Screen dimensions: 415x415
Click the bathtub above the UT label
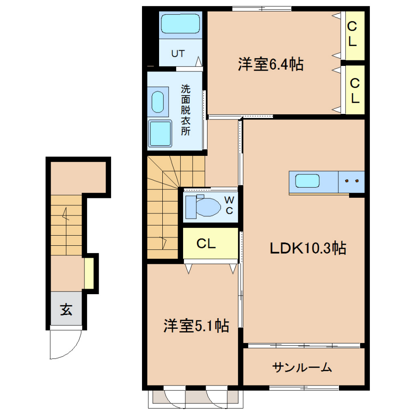[x=180, y=24]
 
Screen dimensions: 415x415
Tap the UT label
[x=178, y=54]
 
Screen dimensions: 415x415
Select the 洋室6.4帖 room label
[x=271, y=64]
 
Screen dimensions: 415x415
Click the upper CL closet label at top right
[x=352, y=34]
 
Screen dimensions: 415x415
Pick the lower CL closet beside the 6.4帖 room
[x=355, y=90]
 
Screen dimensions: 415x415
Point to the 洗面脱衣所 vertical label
[x=185, y=110]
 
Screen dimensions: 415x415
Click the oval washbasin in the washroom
[x=158, y=102]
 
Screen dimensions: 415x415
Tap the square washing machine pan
[x=160, y=133]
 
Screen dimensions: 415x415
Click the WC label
[x=229, y=205]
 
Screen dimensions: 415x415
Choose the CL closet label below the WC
[x=206, y=244]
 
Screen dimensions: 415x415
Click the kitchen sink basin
[x=307, y=181]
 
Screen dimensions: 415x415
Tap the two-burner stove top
[x=351, y=182]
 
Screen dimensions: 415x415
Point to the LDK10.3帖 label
[x=308, y=248]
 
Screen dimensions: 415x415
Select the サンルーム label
[x=302, y=368]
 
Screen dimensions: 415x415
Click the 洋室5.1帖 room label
[x=196, y=326]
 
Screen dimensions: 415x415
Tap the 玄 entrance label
[x=66, y=309]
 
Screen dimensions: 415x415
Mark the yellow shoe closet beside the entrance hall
[x=89, y=273]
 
